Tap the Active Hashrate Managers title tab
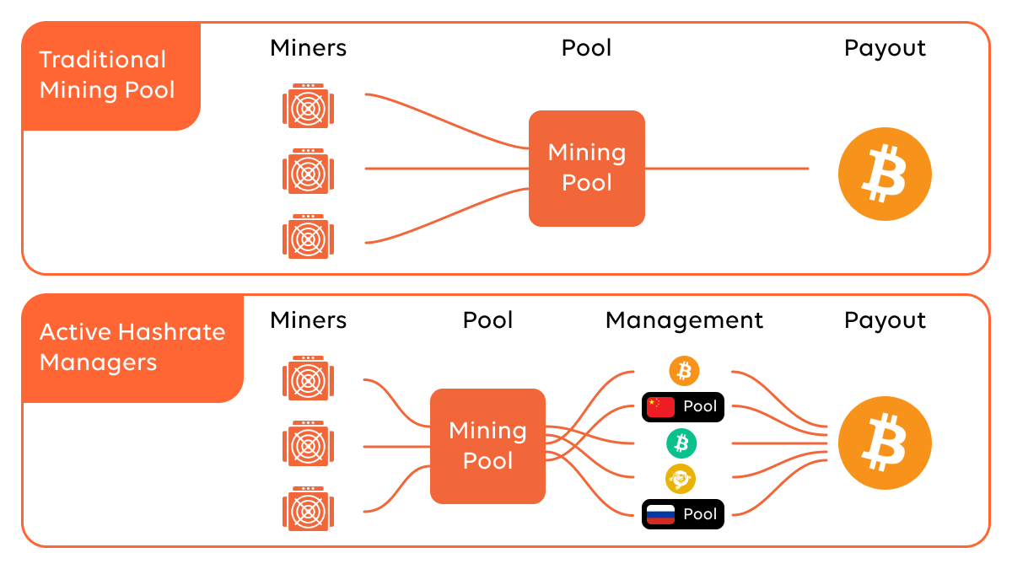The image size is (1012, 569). [x=132, y=346]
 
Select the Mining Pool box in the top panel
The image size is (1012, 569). [x=586, y=168]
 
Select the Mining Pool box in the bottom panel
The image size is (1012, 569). [x=487, y=446]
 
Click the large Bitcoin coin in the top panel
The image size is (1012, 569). [x=884, y=174]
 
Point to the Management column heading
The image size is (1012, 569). [x=684, y=320]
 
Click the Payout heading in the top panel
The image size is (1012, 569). [x=884, y=48]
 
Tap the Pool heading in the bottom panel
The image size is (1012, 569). [x=487, y=320]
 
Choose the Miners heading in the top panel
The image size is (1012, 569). [x=308, y=48]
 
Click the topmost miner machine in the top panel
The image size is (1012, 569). [x=308, y=105]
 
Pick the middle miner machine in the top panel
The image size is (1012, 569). [x=308, y=171]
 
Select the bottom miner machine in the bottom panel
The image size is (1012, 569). [x=308, y=508]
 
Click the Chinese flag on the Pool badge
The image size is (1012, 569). [x=660, y=407]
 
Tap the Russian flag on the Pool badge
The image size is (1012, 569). [x=660, y=514]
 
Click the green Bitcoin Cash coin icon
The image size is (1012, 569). [x=681, y=443]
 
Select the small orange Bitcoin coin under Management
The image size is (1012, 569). [x=684, y=370]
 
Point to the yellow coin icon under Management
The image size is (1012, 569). [x=680, y=479]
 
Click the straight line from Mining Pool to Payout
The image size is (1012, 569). [x=725, y=169]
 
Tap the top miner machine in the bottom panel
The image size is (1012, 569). [x=308, y=378]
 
